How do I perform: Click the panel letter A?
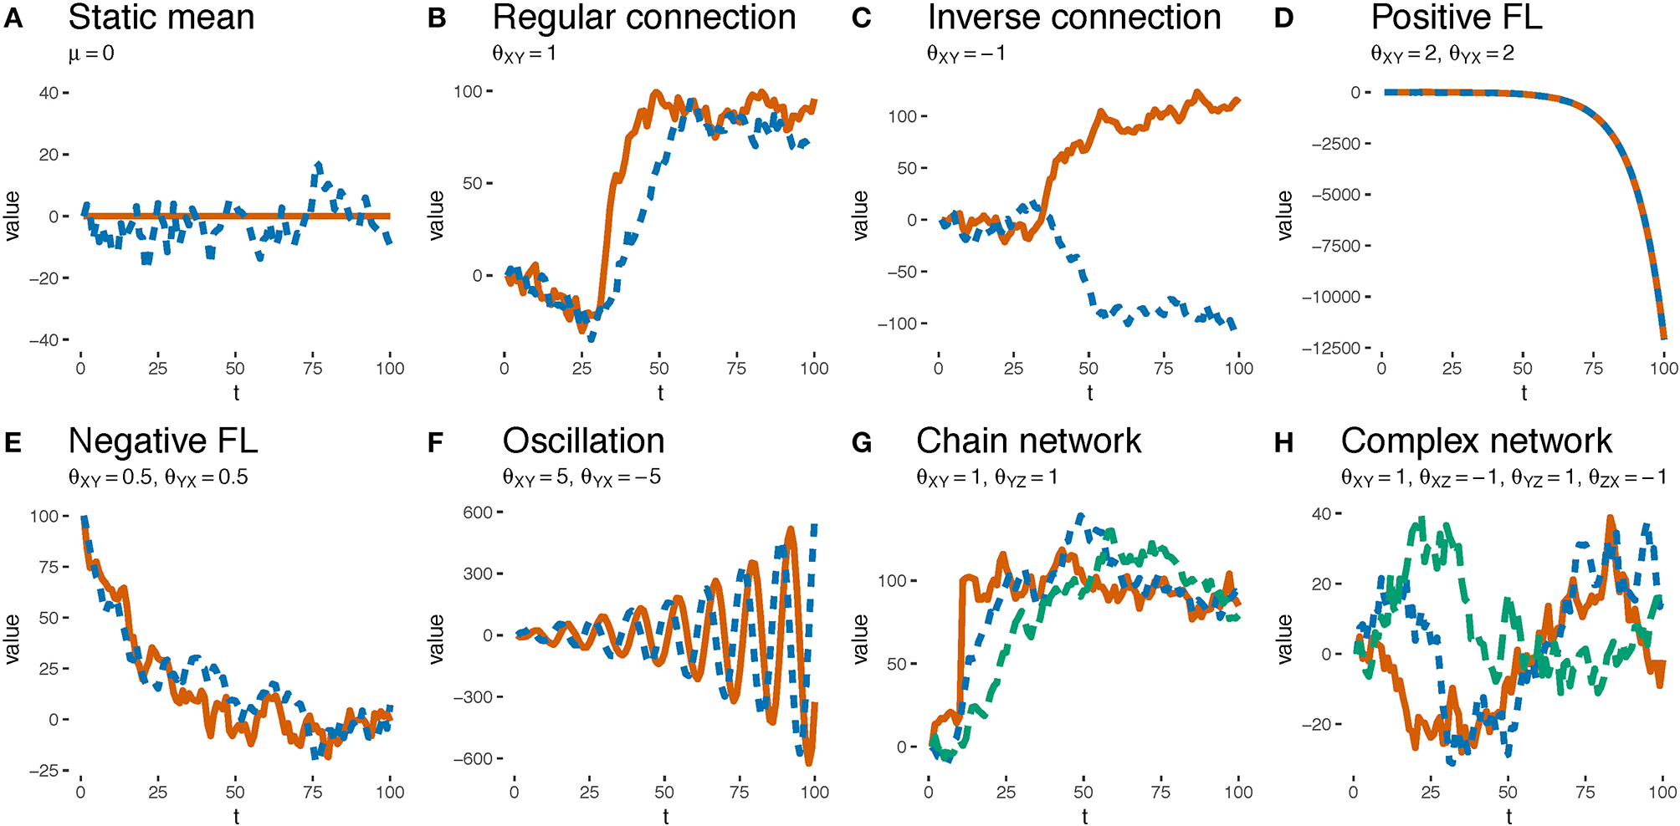(13, 18)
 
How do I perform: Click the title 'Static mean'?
(161, 18)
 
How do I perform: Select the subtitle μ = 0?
(91, 54)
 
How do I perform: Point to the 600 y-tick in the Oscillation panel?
(478, 512)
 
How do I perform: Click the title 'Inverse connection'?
(1074, 18)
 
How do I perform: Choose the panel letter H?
(1283, 442)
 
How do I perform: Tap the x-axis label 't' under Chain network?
(1084, 816)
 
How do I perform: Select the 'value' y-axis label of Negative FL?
(12, 639)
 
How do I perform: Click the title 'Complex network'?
(1476, 441)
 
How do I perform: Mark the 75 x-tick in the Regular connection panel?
(736, 369)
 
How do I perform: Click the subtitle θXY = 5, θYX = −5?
(581, 477)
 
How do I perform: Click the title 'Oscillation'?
(583, 441)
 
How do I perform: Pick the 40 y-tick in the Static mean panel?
(48, 93)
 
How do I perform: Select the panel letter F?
(436, 442)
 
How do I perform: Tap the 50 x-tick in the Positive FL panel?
(1523, 369)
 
